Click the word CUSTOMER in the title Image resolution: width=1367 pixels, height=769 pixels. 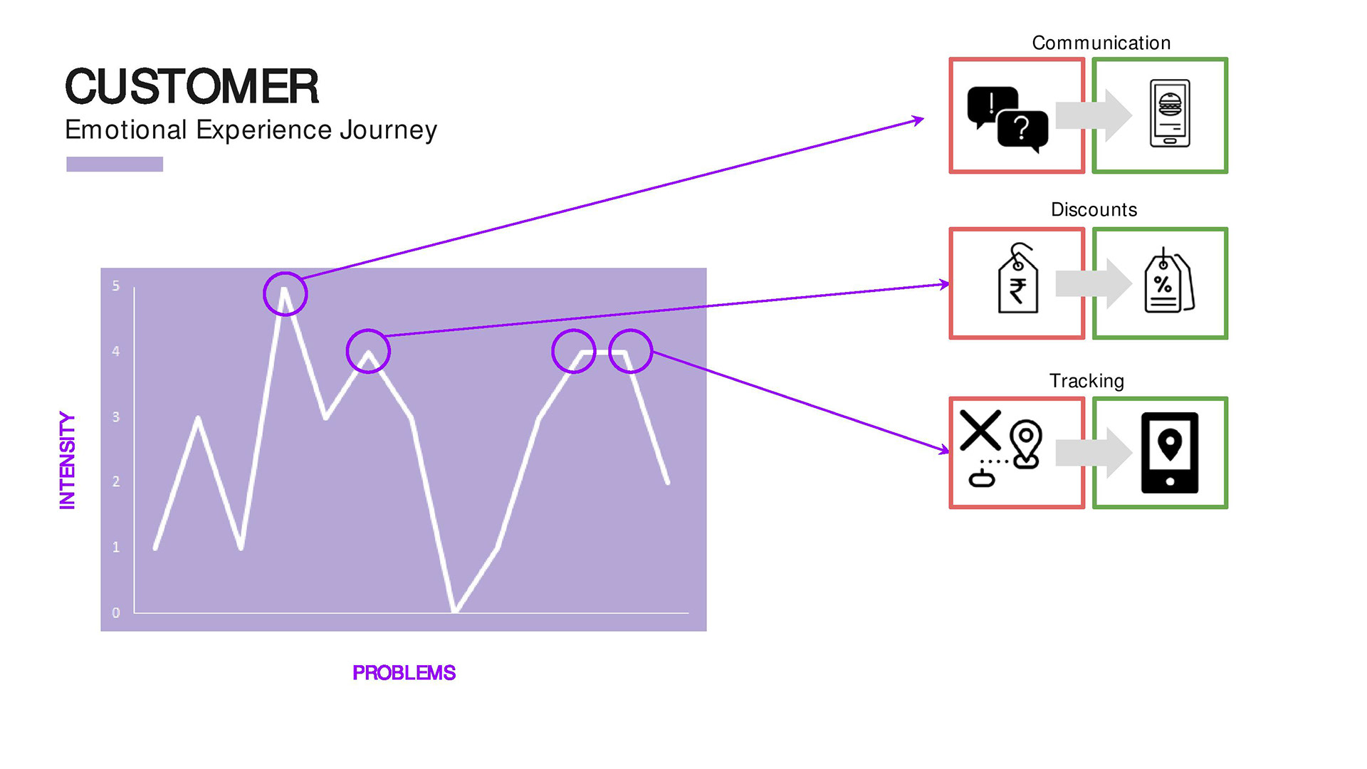pos(192,86)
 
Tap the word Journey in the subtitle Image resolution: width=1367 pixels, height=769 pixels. pos(388,131)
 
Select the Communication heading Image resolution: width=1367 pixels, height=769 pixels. pos(1101,43)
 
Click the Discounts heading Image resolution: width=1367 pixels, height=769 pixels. pos(1094,209)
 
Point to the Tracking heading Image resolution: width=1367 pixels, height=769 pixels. pos(1086,382)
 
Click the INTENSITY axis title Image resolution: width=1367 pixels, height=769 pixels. pos(67,460)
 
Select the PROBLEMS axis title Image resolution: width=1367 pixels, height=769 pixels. pos(404,673)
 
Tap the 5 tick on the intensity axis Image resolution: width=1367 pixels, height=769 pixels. pos(116,286)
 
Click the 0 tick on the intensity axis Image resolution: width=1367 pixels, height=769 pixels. pos(116,612)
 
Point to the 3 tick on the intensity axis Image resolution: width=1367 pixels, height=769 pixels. pos(116,417)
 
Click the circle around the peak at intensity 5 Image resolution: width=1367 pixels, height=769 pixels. pos(285,294)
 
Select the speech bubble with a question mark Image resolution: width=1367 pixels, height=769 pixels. pos(1023,131)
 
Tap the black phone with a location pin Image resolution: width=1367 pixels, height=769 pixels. pos(1170,453)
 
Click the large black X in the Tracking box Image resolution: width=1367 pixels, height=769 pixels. pos(980,430)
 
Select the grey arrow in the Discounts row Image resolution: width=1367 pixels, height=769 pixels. pos(1094,283)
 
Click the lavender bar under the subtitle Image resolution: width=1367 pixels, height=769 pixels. pos(115,164)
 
